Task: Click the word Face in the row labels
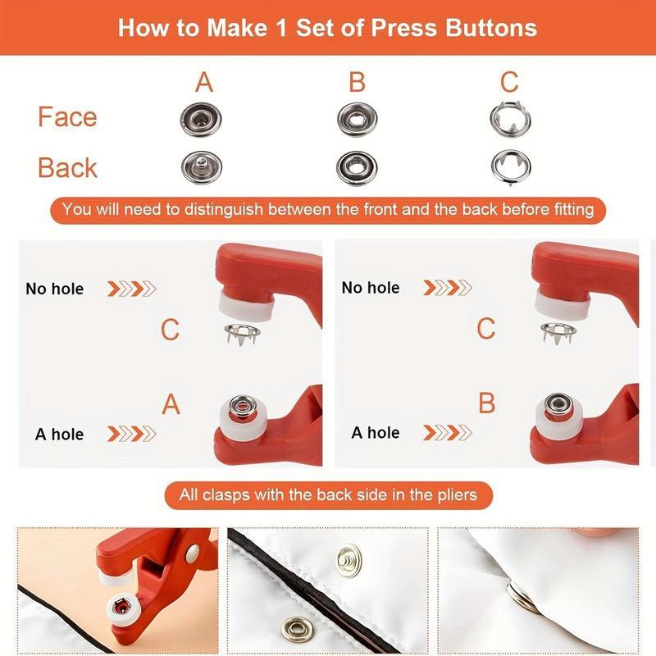tap(67, 117)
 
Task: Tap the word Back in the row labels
tap(67, 167)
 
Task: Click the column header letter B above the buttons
tap(357, 82)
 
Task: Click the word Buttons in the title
tap(490, 27)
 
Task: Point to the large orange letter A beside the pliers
tap(171, 404)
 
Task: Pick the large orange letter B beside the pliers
tap(486, 403)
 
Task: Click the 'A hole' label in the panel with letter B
tap(376, 432)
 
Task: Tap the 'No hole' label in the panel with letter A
tap(54, 289)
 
